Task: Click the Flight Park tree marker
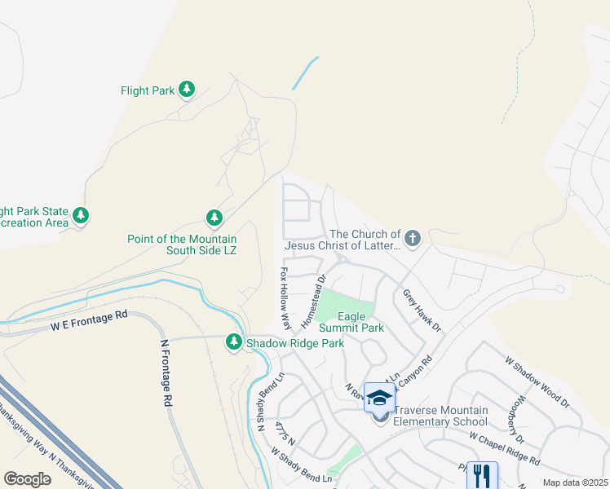click(187, 90)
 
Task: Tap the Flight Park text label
click(147, 90)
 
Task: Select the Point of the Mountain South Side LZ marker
click(214, 218)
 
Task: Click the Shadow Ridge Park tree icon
click(234, 342)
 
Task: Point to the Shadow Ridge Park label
click(295, 343)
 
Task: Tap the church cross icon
click(413, 239)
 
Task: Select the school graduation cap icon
click(379, 398)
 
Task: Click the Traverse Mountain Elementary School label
click(440, 416)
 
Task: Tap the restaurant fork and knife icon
click(482, 476)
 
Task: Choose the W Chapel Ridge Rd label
click(504, 448)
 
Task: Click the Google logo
click(27, 478)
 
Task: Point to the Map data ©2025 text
click(575, 482)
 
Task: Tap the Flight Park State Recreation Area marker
click(81, 216)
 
